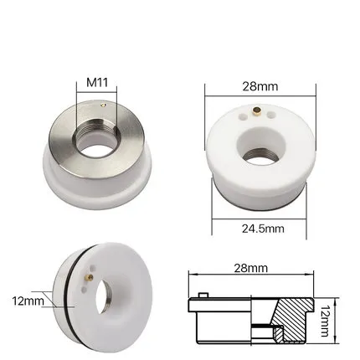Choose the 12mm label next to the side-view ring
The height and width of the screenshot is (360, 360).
coord(28,299)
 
